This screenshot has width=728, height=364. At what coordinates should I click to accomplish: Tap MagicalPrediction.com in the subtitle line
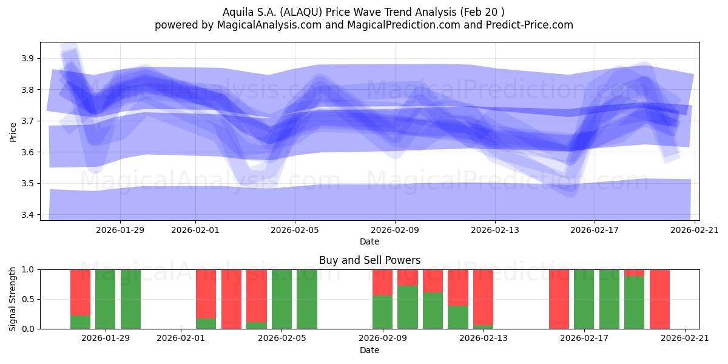tap(403, 25)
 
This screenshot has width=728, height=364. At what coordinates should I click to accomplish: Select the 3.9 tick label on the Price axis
tap(27, 58)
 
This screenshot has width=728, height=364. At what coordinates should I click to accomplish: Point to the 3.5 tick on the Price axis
tap(27, 184)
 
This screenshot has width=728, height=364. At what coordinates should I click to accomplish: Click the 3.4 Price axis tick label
tap(27, 215)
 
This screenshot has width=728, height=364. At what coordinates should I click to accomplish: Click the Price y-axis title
tap(13, 132)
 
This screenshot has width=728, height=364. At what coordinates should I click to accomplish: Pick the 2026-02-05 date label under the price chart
tap(295, 230)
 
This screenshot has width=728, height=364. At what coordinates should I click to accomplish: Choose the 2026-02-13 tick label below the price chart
tap(495, 230)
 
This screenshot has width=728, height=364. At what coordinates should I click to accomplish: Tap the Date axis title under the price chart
tap(369, 241)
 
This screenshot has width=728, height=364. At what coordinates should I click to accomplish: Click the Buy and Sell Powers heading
tap(370, 260)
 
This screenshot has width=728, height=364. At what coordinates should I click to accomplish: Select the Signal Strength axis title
tap(12, 299)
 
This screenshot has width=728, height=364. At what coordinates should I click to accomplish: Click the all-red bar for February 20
tap(660, 299)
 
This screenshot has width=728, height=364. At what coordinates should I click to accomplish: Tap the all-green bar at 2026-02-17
tap(584, 299)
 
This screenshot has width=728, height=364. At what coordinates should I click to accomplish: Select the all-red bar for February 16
tap(559, 299)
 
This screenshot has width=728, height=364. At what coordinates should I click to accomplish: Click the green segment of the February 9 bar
tap(383, 312)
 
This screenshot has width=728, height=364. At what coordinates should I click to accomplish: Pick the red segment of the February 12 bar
tap(458, 288)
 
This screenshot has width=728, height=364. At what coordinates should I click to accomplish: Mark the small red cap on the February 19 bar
tap(635, 272)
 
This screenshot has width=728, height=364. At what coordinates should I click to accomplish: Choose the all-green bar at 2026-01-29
tap(106, 299)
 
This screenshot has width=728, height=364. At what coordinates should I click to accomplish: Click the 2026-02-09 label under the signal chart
tap(383, 339)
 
